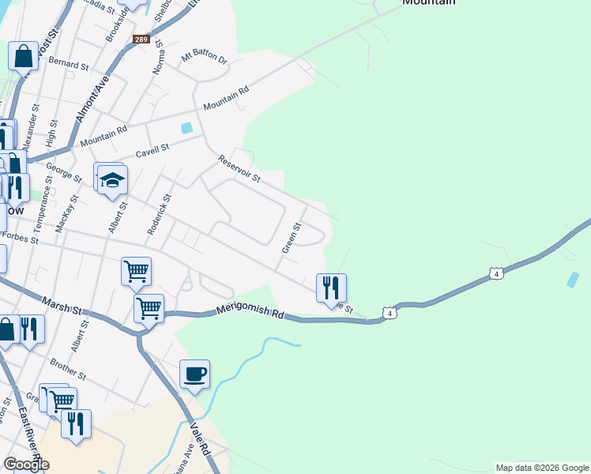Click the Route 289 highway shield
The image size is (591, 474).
click(x=141, y=39)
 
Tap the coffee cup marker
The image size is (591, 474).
click(x=194, y=374)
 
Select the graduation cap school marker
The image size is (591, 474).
click(x=112, y=179)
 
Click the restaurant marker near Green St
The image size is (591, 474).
click(x=331, y=287)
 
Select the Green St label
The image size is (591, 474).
click(x=292, y=238)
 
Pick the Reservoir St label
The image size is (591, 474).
click(x=239, y=167)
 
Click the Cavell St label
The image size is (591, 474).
click(x=152, y=149)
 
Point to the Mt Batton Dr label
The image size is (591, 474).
click(x=204, y=58)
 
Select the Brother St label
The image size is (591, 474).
click(x=67, y=367)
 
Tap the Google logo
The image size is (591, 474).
click(x=26, y=465)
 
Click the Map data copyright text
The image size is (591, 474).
click(x=542, y=468)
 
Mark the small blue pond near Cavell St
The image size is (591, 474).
click(x=186, y=128)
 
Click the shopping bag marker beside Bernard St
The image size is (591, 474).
click(x=23, y=56)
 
